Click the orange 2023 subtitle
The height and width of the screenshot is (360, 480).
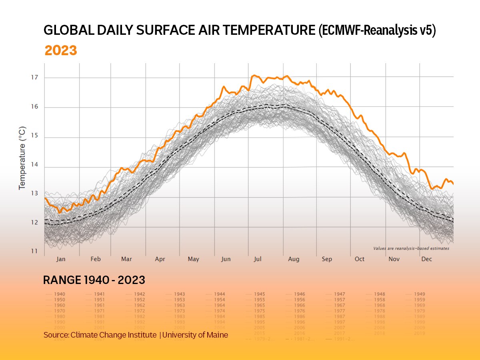tap(60, 51)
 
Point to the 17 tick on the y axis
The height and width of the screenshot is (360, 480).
tap(35, 77)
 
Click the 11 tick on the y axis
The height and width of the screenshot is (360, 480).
tap(35, 252)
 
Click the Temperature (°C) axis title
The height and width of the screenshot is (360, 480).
tap(22, 158)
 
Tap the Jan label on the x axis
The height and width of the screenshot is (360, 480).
tap(61, 259)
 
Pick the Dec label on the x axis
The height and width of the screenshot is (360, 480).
tap(426, 259)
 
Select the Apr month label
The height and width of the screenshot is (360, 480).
tap(160, 259)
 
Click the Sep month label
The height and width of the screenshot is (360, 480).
tap(327, 259)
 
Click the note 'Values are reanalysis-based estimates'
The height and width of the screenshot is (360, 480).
tap(411, 248)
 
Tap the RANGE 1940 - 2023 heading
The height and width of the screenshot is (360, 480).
tap(94, 280)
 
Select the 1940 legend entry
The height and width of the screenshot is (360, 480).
tap(59, 294)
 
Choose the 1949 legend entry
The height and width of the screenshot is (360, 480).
tap(419, 294)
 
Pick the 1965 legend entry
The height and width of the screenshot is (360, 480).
tap(259, 305)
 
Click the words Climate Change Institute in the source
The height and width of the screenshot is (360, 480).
tap(113, 335)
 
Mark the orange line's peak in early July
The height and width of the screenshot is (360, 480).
tap(254, 75)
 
